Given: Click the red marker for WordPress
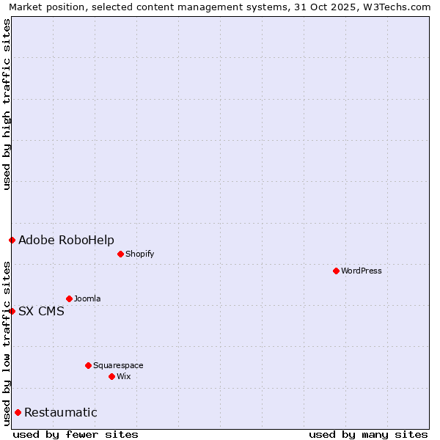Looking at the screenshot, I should [x=336, y=271].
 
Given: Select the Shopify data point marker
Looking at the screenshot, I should [x=120, y=254].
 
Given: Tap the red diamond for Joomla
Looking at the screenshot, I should [x=69, y=298].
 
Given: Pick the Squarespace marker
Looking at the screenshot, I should [x=88, y=365].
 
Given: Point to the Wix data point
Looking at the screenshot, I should [x=111, y=376].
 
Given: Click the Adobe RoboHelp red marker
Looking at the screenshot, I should [x=12, y=240].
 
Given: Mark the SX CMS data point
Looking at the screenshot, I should [x=12, y=311].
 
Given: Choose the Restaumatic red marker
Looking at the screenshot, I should [x=18, y=412].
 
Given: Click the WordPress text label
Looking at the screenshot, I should [x=362, y=271].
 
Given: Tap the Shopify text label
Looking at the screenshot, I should [x=139, y=254].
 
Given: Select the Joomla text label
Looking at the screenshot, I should [x=87, y=298].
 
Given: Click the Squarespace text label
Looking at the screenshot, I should [x=118, y=365].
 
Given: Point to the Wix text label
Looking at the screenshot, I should [x=123, y=376].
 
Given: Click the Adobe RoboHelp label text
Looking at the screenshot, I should [x=66, y=240].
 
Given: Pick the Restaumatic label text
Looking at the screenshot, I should [x=61, y=412].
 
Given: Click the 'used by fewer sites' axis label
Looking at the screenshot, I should [x=76, y=434].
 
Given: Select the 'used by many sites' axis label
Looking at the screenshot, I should [x=368, y=434].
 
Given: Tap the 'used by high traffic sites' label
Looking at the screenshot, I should [x=7, y=104].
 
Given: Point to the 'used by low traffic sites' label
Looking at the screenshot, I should [x=7, y=343].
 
